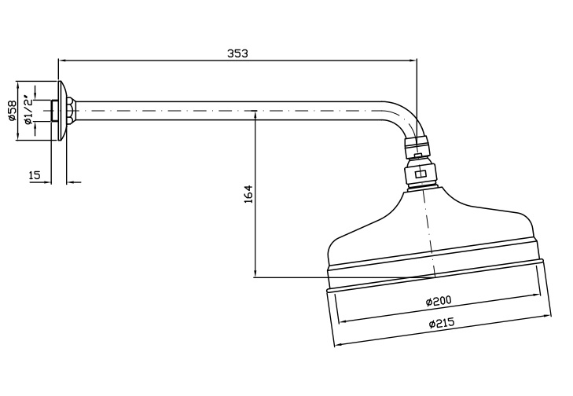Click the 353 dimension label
tap(237, 53)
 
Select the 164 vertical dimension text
tap(248, 194)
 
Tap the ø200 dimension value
tap(437, 302)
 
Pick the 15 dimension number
tap(35, 175)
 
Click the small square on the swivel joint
tap(420, 174)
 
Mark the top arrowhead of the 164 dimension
tap(255, 115)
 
